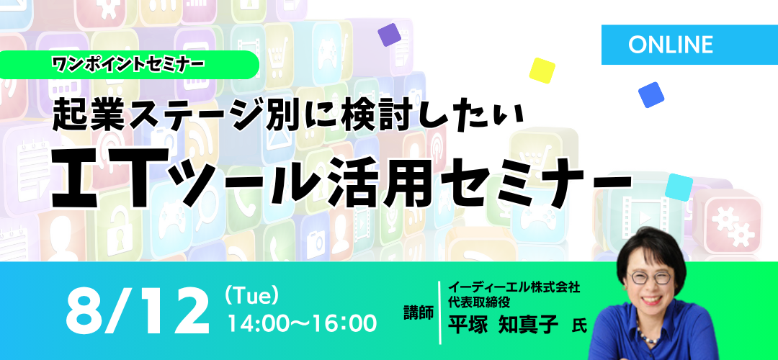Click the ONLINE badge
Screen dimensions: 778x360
[x=689, y=45]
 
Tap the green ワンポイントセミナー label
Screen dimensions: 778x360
[x=128, y=65]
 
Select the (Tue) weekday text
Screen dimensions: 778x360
[x=250, y=297]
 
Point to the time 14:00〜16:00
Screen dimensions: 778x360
[x=302, y=323]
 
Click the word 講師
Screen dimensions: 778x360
[x=419, y=313]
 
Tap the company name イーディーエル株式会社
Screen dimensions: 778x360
[x=514, y=287]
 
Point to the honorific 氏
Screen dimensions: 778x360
[x=579, y=327]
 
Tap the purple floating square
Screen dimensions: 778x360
[x=390, y=35]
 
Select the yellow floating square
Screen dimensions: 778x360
[x=542, y=71]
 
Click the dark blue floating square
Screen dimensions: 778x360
[x=651, y=95]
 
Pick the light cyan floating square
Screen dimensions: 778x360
[x=679, y=187]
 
